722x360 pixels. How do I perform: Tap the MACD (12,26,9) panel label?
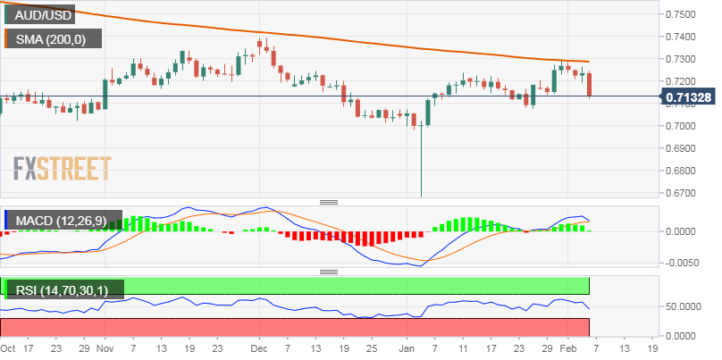click(x=55, y=220)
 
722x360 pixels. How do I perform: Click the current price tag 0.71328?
click(x=692, y=96)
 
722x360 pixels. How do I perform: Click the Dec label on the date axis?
click(x=259, y=347)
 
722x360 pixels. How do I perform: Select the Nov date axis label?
click(x=105, y=347)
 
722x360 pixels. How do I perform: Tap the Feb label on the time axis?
click(x=569, y=347)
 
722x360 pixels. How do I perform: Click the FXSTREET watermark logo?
click(x=62, y=167)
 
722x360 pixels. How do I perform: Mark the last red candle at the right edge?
click(x=590, y=84)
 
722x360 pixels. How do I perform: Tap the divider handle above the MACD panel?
click(x=329, y=203)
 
